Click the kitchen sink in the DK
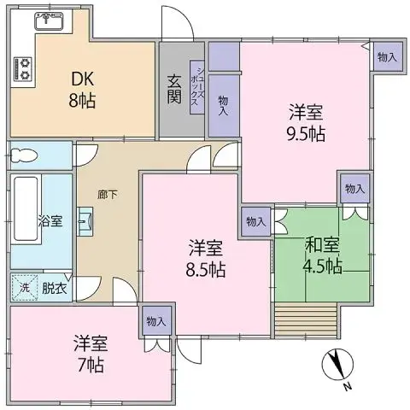click(50, 20)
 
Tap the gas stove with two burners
click(23, 68)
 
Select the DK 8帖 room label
click(82, 90)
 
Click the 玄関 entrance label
click(174, 89)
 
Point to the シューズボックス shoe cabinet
click(197, 87)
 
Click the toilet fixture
click(24, 156)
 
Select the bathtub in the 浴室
click(26, 209)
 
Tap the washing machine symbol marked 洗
click(24, 288)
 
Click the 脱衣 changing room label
click(55, 288)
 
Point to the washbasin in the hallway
click(85, 221)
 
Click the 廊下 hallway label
click(108, 195)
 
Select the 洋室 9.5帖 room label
click(306, 123)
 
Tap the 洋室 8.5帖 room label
click(206, 259)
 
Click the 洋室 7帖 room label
click(91, 354)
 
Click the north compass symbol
click(337, 365)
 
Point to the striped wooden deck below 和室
click(306, 320)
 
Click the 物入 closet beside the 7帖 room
click(157, 321)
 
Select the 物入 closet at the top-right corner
click(388, 56)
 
